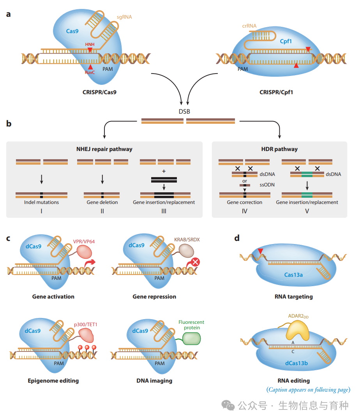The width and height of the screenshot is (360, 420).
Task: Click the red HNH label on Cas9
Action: pos(90,44)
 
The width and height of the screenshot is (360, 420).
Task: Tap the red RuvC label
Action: pos(90,72)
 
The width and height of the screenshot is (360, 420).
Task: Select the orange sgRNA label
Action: pos(124,17)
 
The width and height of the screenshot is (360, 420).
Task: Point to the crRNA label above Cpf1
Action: pos(249,26)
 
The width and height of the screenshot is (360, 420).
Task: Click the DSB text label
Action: pos(184,111)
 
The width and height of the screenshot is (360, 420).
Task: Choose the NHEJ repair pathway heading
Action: pos(104,149)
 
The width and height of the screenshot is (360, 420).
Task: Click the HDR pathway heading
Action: pos(279,149)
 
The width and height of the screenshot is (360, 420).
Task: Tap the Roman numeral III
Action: pos(164,211)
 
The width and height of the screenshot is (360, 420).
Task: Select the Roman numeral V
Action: pos(307,211)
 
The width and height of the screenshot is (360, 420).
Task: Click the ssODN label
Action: pos(267,185)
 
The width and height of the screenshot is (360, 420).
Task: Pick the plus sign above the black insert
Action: pos(164,171)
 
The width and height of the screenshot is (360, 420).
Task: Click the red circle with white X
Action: pos(196,262)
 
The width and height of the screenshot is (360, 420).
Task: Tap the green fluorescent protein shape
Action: pos(191,339)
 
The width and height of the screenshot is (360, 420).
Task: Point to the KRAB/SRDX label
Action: pos(187,239)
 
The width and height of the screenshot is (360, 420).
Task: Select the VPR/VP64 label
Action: pos(84,241)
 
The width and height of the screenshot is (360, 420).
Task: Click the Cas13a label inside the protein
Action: pos(293,275)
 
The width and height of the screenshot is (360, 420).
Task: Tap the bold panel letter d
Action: pos(237,238)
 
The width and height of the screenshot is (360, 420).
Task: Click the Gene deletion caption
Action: pos(102,202)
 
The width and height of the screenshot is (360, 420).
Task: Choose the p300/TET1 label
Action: pos(85,324)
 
